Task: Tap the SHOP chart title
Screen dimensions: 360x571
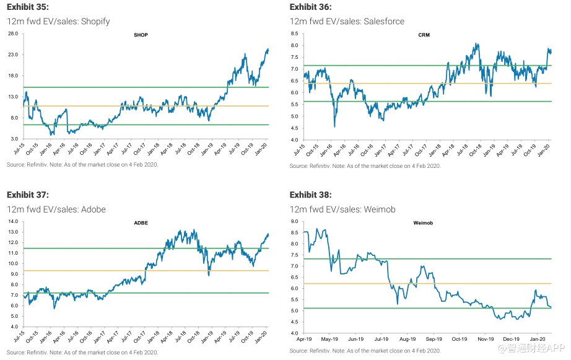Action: coord(141,35)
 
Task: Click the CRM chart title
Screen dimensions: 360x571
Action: coord(424,35)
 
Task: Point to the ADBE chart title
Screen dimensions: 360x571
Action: coord(142,222)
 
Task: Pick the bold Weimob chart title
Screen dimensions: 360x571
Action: coord(424,222)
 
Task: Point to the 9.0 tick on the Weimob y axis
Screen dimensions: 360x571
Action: coord(295,221)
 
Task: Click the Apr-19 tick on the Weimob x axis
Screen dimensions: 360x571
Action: coord(303,339)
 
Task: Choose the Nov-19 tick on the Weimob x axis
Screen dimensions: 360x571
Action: coord(485,339)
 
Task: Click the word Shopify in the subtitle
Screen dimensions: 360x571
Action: coord(94,22)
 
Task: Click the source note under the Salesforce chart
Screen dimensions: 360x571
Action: coord(365,165)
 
